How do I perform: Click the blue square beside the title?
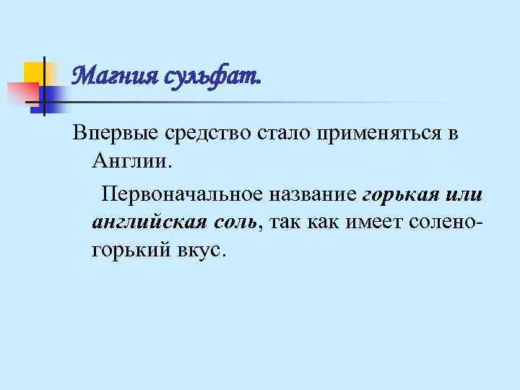click(x=52, y=95)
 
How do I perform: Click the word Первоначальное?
click(x=183, y=194)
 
